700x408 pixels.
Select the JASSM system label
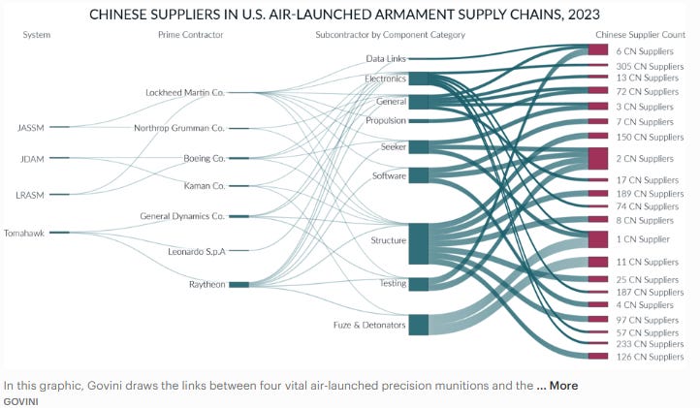pos(31,127)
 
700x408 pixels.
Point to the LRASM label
pos(31,195)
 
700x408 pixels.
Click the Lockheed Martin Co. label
pos(184,93)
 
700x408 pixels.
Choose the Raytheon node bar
pos(238,285)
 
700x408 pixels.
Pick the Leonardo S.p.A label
pos(196,251)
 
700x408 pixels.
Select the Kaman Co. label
pos(204,185)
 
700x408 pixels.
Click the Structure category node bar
pos(418,242)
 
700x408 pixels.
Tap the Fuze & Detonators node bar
pos(418,325)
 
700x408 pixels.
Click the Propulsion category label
pos(385,121)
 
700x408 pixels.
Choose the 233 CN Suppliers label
pos(650,344)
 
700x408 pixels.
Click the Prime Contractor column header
pos(190,35)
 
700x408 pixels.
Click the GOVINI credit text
pos(20,399)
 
